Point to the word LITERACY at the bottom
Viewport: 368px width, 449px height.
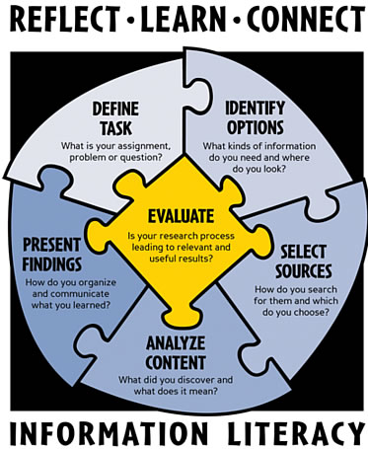click(296, 430)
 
